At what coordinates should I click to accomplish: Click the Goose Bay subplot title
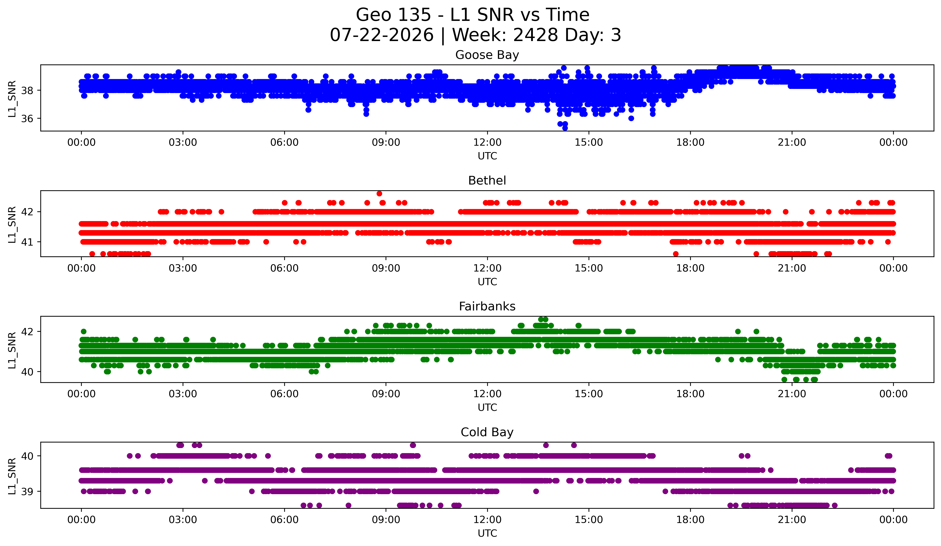click(x=487, y=55)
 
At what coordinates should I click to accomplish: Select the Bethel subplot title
click(x=487, y=181)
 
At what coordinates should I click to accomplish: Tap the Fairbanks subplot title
click(x=487, y=306)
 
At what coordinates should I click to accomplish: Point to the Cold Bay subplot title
click(x=487, y=432)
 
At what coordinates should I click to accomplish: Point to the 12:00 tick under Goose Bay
click(x=487, y=143)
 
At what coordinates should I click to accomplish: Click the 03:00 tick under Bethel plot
click(x=183, y=268)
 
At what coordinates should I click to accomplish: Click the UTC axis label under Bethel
click(x=487, y=282)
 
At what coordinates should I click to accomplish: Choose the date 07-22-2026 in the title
click(x=382, y=35)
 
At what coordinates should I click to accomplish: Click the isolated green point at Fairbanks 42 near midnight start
click(x=84, y=331)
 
